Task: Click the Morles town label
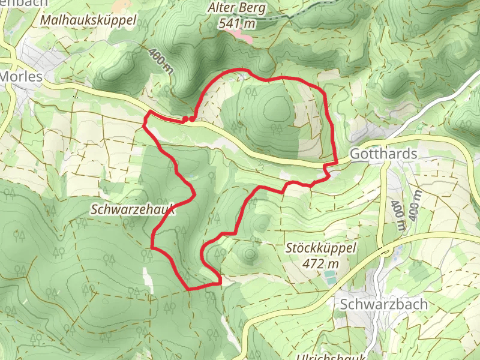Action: coord(22,77)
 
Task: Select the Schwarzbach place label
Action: coord(384,304)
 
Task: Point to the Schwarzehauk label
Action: coord(133,209)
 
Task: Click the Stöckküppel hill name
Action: coord(321,247)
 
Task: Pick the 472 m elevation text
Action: coord(321,263)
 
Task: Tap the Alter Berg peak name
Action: coord(236,8)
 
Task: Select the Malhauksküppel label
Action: coord(89,20)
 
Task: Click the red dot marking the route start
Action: coord(191,119)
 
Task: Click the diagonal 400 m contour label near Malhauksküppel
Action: coord(162,61)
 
